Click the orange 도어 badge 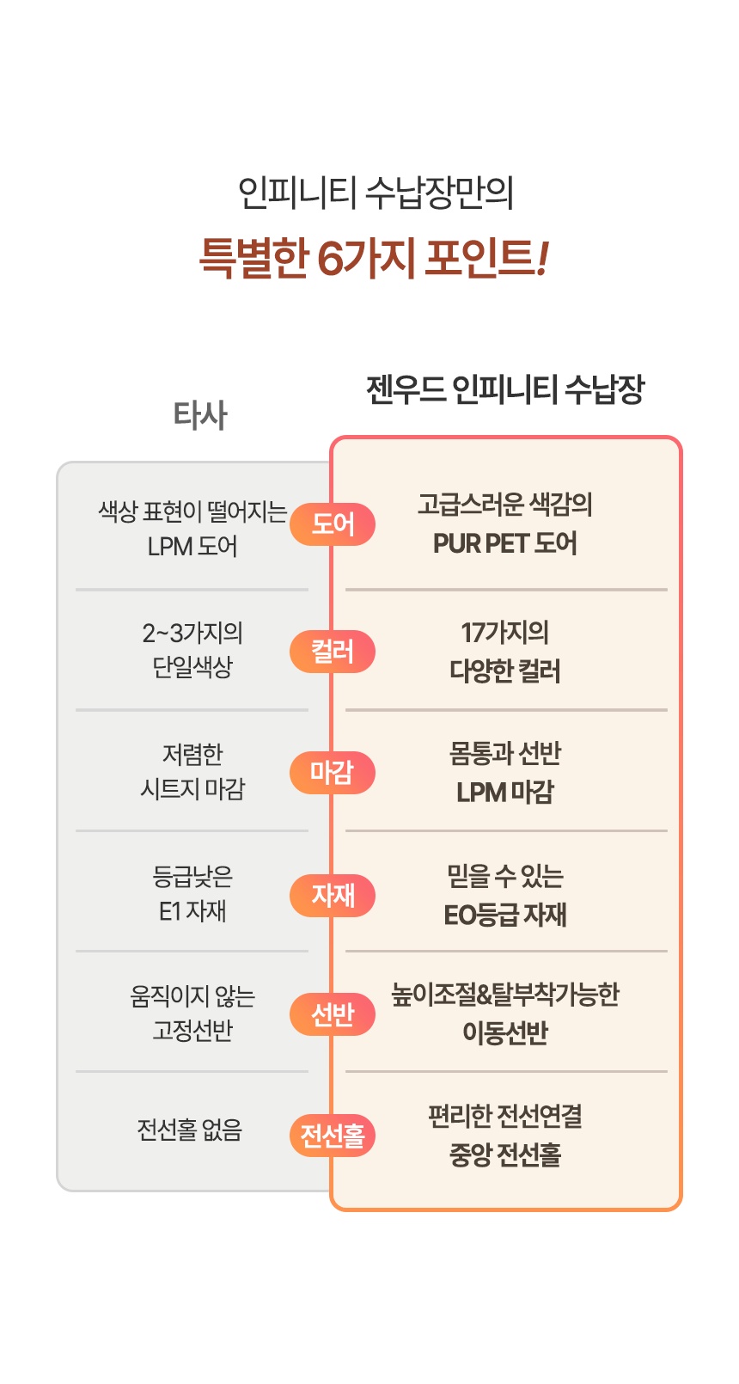tap(333, 524)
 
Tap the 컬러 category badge tap(333, 652)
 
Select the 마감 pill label tap(333, 772)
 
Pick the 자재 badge tap(333, 895)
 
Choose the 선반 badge tap(333, 1014)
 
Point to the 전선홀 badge tap(333, 1135)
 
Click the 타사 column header tap(200, 414)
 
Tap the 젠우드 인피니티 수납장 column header tap(505, 390)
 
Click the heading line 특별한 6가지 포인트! tap(374, 258)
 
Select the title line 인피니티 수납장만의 tap(376, 193)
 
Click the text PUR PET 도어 tap(505, 543)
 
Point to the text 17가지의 tap(505, 632)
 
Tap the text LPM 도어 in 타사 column tap(192, 546)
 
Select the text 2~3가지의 tap(192, 633)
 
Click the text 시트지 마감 tap(192, 789)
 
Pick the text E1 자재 tap(192, 910)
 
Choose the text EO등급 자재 tap(505, 915)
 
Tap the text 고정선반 tap(192, 1030)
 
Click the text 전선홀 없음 tap(190, 1130)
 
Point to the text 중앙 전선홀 tap(505, 1154)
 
